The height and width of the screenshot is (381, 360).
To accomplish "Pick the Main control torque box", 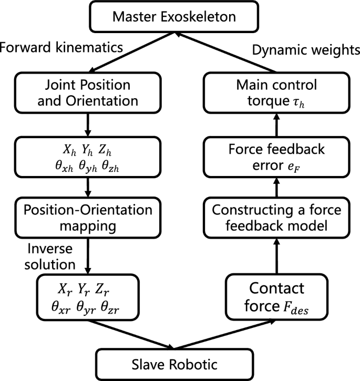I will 277,93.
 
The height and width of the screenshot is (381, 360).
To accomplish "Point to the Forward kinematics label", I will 61,47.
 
